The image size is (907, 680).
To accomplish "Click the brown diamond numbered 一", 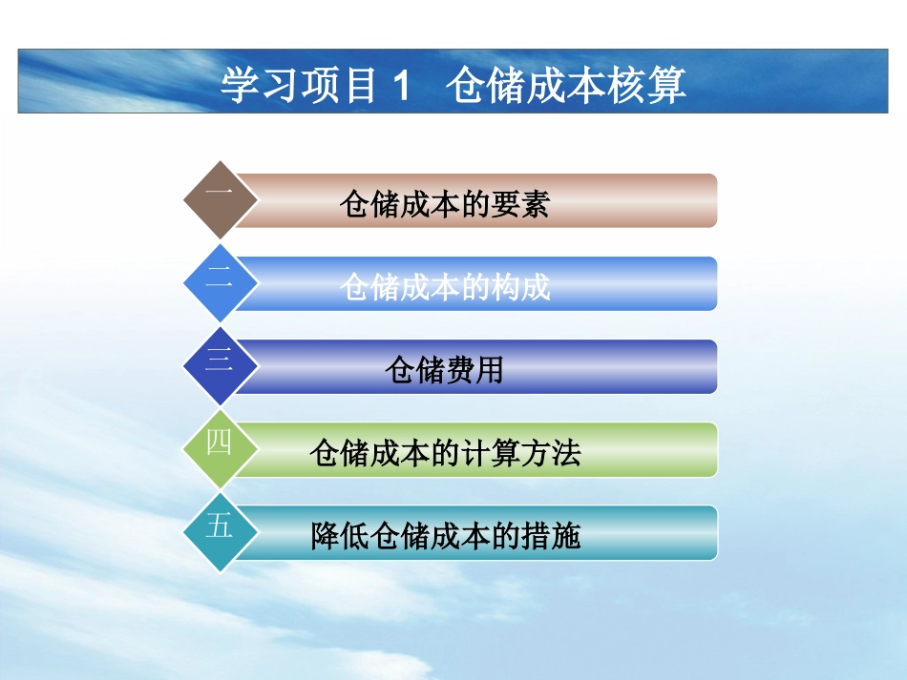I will (x=220, y=199).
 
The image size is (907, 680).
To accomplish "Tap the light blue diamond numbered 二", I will (x=220, y=282).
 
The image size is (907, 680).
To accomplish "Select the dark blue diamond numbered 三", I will (x=220, y=365).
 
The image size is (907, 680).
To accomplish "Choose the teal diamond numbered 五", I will (x=220, y=530).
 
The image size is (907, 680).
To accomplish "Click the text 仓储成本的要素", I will (x=444, y=203).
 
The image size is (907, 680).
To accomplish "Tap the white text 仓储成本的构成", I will (x=444, y=286).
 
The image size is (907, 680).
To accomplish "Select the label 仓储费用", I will (x=444, y=369).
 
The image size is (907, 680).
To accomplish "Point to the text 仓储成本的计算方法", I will (x=445, y=452).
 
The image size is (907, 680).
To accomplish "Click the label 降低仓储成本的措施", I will (x=445, y=536).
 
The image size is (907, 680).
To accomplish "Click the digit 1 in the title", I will (x=400, y=86).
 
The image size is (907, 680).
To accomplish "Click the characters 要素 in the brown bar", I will (x=522, y=203).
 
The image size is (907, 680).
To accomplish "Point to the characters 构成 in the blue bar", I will (x=522, y=286).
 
